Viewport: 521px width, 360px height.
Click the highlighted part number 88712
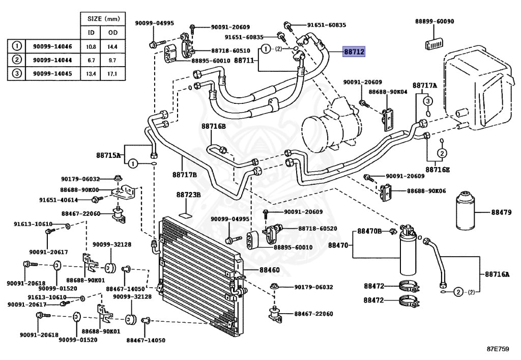(354, 51)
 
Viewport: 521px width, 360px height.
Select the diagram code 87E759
(497, 350)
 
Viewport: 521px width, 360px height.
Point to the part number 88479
(501, 212)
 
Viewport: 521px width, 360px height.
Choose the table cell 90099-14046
(49, 46)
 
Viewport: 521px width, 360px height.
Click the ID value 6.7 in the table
(92, 60)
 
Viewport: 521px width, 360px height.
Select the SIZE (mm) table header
(103, 19)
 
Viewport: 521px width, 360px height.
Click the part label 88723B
(189, 195)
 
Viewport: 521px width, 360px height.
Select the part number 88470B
(369, 231)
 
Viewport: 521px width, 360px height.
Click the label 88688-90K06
(426, 191)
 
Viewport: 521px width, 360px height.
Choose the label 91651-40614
(59, 200)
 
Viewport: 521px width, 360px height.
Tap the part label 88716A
(497, 274)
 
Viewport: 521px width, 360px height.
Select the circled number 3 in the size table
(16, 73)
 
